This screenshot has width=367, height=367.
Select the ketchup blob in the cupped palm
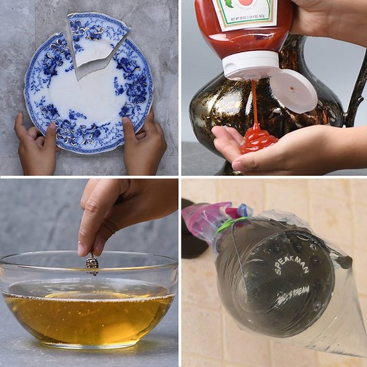[258, 139]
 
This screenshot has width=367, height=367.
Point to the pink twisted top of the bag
[208, 215]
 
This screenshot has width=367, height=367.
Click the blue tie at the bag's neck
[243, 210]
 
